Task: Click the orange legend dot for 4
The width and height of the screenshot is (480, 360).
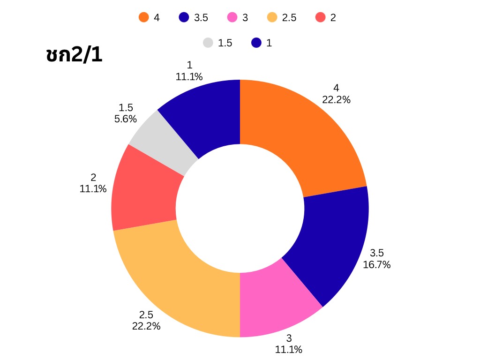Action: pos(143,18)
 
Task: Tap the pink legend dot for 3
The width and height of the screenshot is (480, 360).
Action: pos(232,18)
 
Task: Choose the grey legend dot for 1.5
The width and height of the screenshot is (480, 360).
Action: pos(208,43)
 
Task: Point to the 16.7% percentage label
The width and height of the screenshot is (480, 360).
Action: pos(376,265)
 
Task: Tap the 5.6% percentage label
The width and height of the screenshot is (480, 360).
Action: pos(126,119)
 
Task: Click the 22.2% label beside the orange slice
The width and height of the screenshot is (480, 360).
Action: pos(336,99)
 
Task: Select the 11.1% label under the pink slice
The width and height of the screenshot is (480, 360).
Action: pos(288,349)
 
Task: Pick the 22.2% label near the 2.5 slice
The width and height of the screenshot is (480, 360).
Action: pos(146,326)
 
